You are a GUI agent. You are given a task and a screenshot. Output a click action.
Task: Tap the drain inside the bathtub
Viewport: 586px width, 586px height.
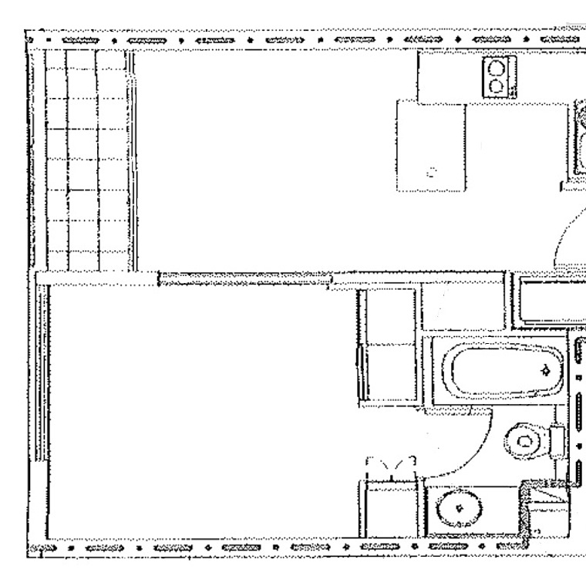pos(546,371)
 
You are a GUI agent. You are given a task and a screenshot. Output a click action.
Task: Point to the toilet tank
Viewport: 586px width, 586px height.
pos(557,442)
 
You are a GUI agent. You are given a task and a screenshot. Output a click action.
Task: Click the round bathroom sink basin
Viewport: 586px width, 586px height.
pos(460,509)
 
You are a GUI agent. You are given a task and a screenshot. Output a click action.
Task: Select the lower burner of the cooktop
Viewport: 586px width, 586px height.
pos(497,86)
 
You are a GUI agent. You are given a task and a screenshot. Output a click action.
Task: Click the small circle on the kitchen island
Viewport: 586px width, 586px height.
pos(432,171)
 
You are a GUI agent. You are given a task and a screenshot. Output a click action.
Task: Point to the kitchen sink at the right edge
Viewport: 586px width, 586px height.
pos(578,139)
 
